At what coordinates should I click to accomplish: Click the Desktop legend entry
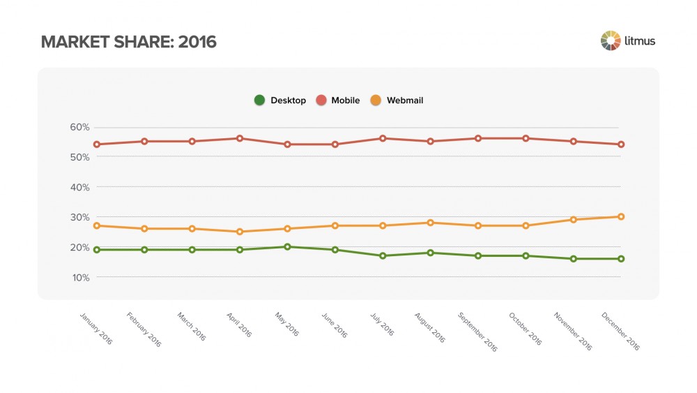pos(280,101)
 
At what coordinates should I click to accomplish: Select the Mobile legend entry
pos(338,101)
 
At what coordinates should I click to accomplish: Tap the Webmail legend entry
pos(397,101)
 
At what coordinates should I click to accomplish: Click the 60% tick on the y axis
pos(79,127)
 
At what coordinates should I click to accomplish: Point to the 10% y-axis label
pos(79,277)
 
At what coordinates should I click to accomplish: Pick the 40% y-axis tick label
pos(79,187)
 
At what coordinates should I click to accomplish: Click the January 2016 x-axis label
pos(95,328)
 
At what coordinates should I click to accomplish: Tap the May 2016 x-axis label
pos(286,325)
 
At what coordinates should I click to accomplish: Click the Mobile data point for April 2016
pos(240,138)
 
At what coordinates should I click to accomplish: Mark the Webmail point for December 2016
pos(621,216)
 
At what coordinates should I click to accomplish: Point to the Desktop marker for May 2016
pos(287,246)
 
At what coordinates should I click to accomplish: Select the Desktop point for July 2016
pos(383,255)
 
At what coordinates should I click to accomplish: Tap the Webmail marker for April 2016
pos(240,232)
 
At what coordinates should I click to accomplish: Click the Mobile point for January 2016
pos(97,144)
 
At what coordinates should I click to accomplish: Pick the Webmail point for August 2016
pos(431,223)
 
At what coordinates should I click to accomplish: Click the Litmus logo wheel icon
pos(611,40)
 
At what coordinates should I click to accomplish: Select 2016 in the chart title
pos(197,42)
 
